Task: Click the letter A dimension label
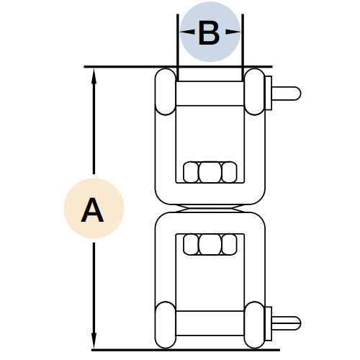[x=92, y=210]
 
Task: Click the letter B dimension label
[x=209, y=33]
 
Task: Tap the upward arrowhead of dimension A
[x=94, y=76]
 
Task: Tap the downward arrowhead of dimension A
[x=94, y=341]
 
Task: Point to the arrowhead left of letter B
[x=187, y=32]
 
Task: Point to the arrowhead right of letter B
[x=233, y=32]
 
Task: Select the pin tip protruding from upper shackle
[x=286, y=94]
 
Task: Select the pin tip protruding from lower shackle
[x=286, y=323]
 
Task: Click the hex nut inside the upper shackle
[x=210, y=172]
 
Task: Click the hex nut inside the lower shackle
[x=210, y=244]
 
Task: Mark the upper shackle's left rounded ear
[x=166, y=91]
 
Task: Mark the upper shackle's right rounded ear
[x=254, y=91]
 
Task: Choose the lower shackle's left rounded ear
[x=166, y=325]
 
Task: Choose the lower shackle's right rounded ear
[x=254, y=325]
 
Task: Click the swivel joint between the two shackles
[x=210, y=209]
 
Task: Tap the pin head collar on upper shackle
[x=268, y=93]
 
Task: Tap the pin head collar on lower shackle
[x=268, y=323]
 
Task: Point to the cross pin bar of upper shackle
[x=210, y=94]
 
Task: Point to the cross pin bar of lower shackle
[x=210, y=323]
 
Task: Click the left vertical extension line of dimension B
[x=178, y=48]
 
